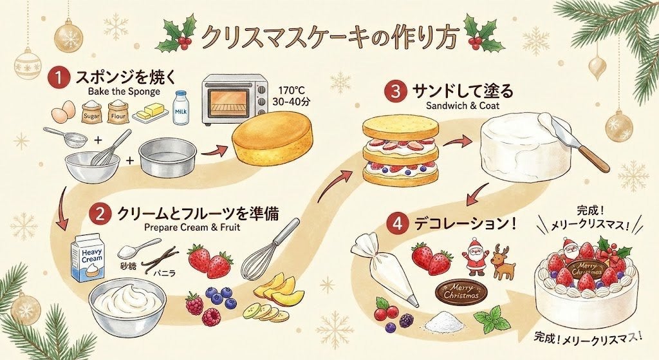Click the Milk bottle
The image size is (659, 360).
pyautogui.click(x=180, y=108)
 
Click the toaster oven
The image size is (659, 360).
pyautogui.click(x=234, y=100)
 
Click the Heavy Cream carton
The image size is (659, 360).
pyautogui.click(x=88, y=258)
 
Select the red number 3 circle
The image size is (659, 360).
pyautogui.click(x=396, y=91)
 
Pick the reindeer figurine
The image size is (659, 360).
pyautogui.click(x=503, y=261)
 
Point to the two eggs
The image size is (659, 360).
pyautogui.click(x=64, y=111)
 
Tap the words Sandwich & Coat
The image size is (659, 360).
pyautogui.click(x=463, y=105)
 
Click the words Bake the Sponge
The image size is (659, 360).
pyautogui.click(x=124, y=91)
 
